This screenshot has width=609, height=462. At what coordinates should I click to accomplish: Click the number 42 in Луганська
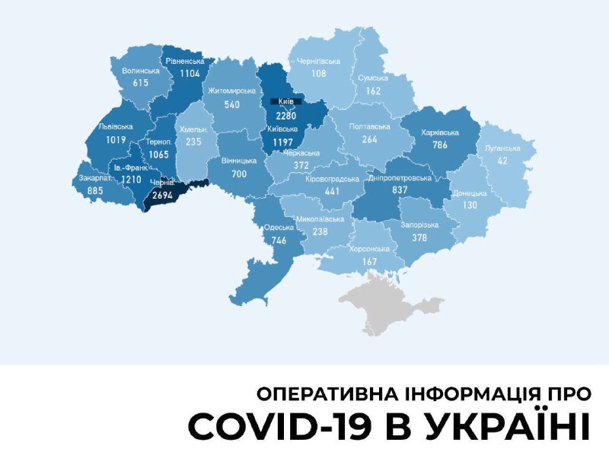click(x=503, y=161)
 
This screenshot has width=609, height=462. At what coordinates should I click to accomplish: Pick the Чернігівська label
click(x=318, y=61)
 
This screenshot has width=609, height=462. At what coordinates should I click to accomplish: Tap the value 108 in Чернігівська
click(x=318, y=74)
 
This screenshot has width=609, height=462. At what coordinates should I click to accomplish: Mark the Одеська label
click(x=274, y=226)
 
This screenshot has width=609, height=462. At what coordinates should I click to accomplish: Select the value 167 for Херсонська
click(x=370, y=262)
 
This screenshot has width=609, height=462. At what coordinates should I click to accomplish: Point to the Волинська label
click(x=141, y=71)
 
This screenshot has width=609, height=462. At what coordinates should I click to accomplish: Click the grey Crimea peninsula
click(x=388, y=304)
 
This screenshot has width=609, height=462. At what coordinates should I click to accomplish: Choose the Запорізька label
click(x=419, y=225)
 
